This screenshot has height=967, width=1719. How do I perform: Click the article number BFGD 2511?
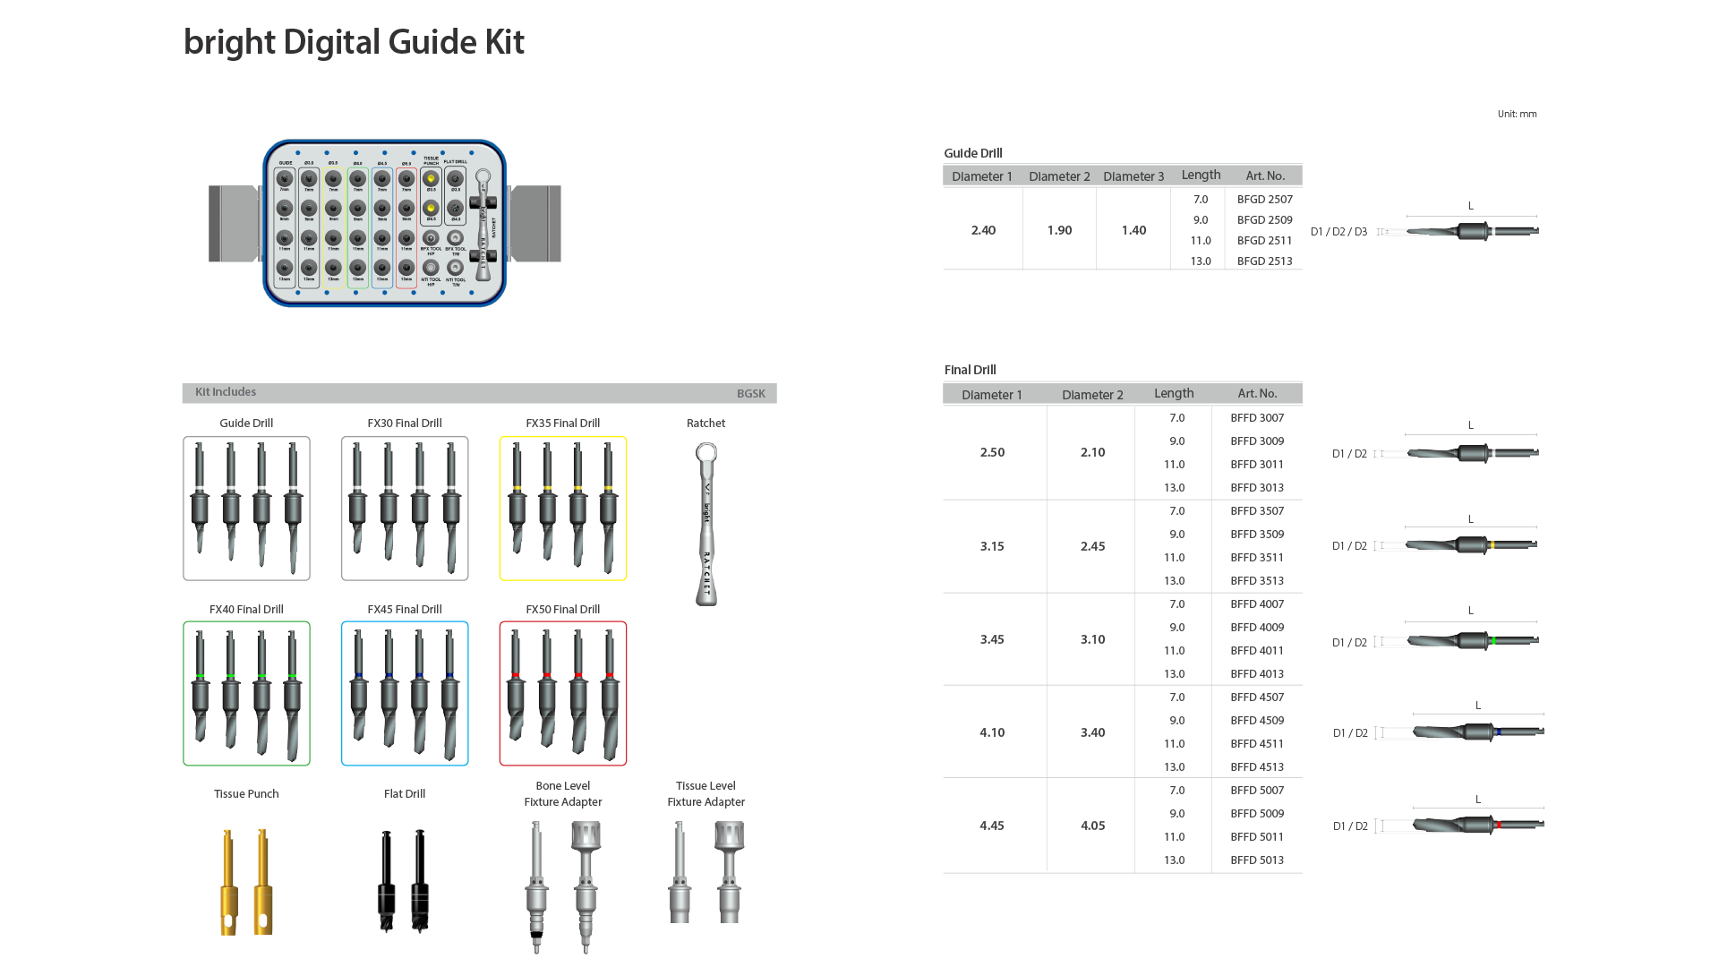(1264, 240)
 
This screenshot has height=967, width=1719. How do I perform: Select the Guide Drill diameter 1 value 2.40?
(983, 230)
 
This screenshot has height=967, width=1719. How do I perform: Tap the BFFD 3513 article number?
(1256, 580)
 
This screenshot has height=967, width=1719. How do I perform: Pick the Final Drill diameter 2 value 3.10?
(1092, 639)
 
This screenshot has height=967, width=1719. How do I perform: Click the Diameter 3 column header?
(1133, 176)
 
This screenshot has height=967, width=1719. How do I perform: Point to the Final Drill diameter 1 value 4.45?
(991, 826)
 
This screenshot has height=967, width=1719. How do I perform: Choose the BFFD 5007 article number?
(1256, 790)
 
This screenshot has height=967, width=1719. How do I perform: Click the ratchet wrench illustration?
(706, 525)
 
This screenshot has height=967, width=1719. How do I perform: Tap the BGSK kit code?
(750, 393)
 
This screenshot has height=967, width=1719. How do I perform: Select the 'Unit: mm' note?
(1517, 114)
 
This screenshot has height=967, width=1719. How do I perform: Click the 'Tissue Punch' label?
(246, 793)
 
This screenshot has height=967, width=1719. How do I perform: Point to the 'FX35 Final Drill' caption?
(562, 423)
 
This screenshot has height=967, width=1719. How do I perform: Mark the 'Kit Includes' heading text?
(226, 392)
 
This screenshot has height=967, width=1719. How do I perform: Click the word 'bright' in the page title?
(229, 42)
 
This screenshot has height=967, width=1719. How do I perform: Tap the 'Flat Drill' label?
(405, 793)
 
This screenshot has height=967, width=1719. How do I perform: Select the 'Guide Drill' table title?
(972, 153)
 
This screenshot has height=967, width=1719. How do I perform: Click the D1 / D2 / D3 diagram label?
(1338, 232)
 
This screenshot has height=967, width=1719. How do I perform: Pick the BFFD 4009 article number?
(1256, 627)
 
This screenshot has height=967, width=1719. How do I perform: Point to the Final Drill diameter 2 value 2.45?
(1092, 546)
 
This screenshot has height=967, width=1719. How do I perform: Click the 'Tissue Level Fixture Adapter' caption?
(706, 793)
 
